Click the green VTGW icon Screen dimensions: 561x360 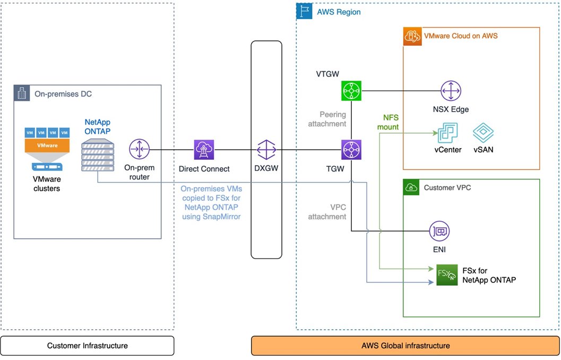tap(351, 91)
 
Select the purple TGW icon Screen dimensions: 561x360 tap(351, 150)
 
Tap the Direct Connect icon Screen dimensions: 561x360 tap(204, 150)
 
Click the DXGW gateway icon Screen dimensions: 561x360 tap(266, 150)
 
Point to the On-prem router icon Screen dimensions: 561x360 tap(139, 149)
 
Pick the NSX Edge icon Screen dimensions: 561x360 tap(451, 91)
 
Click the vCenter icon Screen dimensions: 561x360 tap(447, 133)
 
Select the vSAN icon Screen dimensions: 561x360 tap(483, 133)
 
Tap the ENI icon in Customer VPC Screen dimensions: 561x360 tap(439, 231)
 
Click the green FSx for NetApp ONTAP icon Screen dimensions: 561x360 tap(447, 275)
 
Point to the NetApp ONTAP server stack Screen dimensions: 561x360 tap(98, 155)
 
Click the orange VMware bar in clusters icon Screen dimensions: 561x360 tap(47, 145)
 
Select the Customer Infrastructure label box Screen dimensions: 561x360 tap(87, 346)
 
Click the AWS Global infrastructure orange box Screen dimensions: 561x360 tap(405, 346)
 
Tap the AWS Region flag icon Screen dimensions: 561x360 tap(304, 11)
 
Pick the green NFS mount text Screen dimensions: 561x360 tap(388, 122)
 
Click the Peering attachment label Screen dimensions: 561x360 tap(327, 119)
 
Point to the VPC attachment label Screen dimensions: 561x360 tap(327, 212)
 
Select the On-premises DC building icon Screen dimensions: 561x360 tap(21, 93)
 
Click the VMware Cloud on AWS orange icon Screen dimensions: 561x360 tap(412, 36)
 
